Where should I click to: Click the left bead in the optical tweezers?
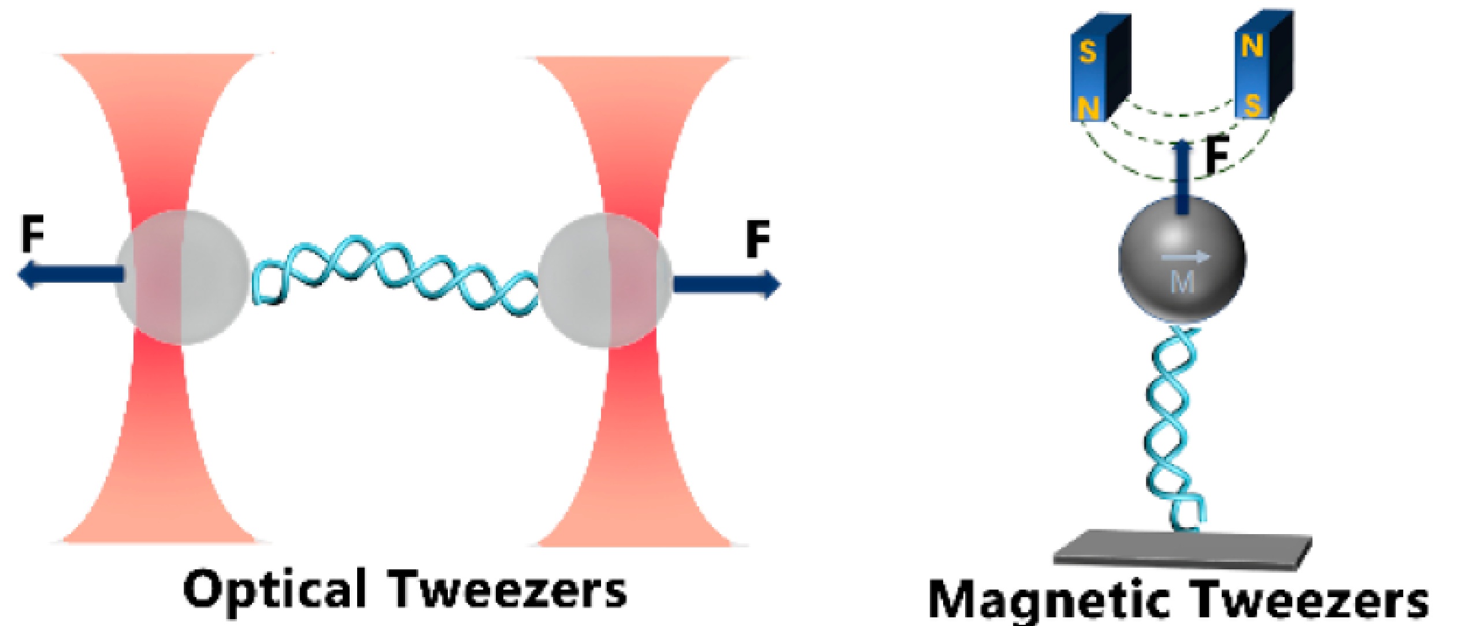[x=183, y=278]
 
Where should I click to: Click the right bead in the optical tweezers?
[x=604, y=281]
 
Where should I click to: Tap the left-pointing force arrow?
[x=69, y=273]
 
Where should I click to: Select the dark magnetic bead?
[x=1182, y=260]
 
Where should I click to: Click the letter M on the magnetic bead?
[x=1182, y=283]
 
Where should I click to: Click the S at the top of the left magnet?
[x=1088, y=51]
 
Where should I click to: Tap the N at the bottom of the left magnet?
[x=1088, y=107]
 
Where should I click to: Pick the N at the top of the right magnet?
[x=1252, y=45]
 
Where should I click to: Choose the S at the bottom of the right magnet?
[x=1252, y=106]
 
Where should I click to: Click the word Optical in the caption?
[x=275, y=590]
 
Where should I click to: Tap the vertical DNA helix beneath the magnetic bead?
[x=1173, y=428]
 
